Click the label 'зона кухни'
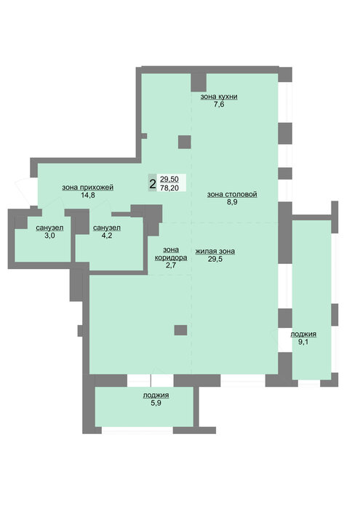point(219,97)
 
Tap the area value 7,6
point(219,104)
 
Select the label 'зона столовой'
point(232,194)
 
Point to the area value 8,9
point(232,202)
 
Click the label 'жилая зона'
point(215,251)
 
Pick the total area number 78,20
point(169,188)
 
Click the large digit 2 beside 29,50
point(152,184)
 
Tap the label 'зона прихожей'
point(88,188)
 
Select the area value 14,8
point(88,195)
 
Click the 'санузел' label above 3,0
point(49,228)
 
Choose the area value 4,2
point(107,236)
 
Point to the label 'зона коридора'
point(171,254)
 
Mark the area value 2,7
point(171,265)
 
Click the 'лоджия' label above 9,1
point(303,334)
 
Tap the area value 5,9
point(156,403)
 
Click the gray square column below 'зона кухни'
point(185,142)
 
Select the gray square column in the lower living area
point(180,330)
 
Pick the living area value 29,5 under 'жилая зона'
point(215,259)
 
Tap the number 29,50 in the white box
point(169,179)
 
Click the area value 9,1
point(303,342)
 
